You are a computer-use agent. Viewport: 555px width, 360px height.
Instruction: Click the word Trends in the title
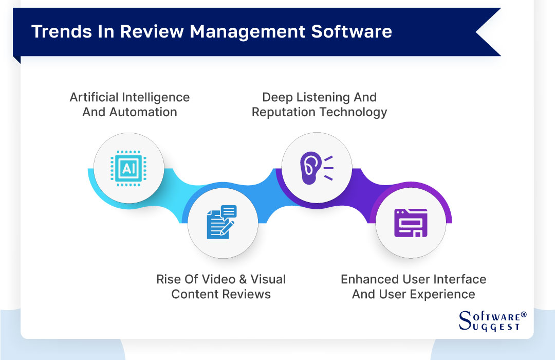tap(57, 32)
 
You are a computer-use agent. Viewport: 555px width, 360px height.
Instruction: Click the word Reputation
tap(284, 112)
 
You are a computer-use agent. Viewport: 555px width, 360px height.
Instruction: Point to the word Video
tap(215, 280)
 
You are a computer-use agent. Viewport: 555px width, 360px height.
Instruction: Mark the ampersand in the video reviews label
tap(242, 280)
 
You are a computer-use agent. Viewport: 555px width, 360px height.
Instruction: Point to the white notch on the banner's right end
tap(488, 32)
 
